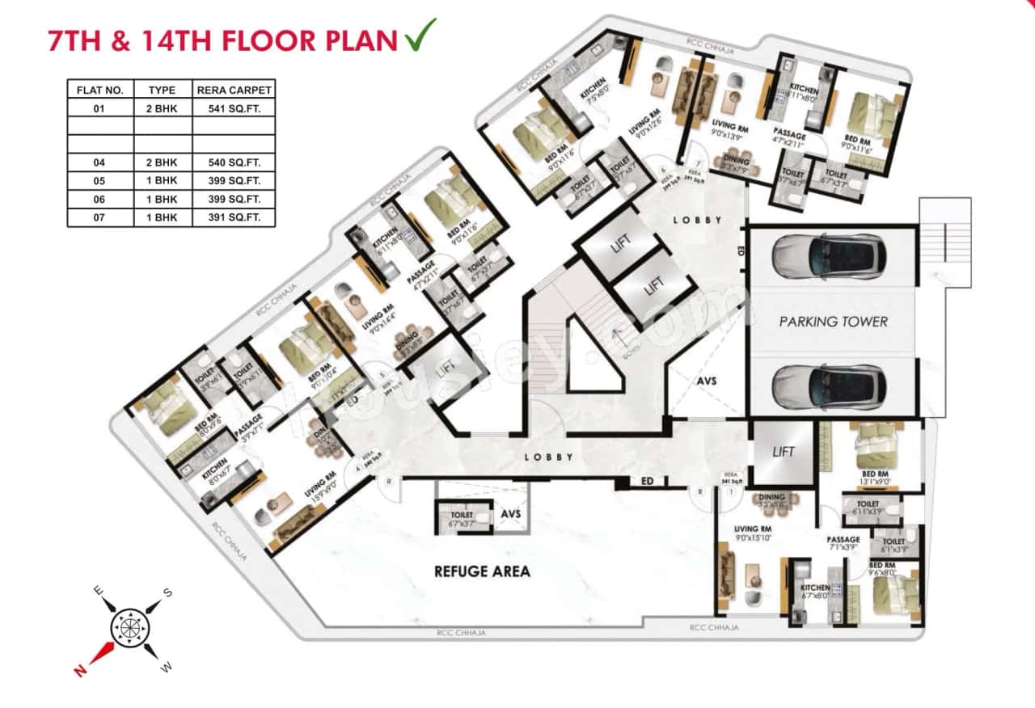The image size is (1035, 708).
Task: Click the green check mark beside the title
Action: click(418, 35)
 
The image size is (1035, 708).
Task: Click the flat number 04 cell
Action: click(99, 162)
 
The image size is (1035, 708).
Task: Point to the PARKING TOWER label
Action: click(833, 322)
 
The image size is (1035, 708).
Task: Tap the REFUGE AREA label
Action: click(482, 571)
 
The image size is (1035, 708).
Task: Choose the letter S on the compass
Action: click(168, 592)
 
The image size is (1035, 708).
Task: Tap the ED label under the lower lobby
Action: click(647, 482)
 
